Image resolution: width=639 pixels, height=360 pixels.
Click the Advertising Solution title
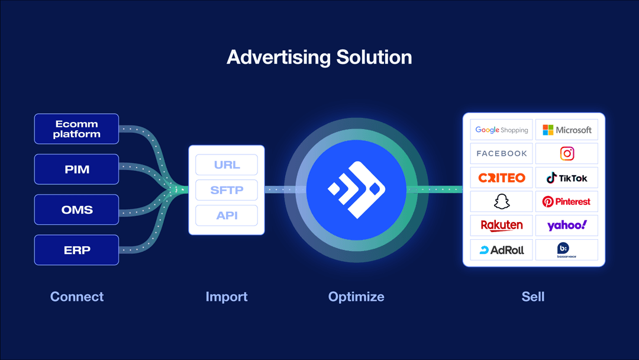[x=319, y=57]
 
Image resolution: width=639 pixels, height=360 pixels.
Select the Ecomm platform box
[x=77, y=129]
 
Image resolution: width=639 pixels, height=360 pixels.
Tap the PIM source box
[x=77, y=169]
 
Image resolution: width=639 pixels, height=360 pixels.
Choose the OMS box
[x=77, y=210]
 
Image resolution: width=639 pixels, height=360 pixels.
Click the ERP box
[x=77, y=250]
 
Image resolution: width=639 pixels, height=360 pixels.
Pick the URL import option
[x=227, y=165]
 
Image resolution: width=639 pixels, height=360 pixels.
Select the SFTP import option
[x=227, y=190]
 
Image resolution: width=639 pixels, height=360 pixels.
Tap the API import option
[x=227, y=216]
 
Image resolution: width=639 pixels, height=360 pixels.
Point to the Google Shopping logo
[x=502, y=130]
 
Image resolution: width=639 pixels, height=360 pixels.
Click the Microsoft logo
[x=567, y=130]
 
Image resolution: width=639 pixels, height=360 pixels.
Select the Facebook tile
[x=502, y=153]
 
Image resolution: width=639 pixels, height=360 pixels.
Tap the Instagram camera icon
[x=567, y=153]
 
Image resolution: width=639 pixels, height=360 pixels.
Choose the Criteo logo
[x=502, y=178]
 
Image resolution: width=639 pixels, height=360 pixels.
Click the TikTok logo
[x=567, y=178]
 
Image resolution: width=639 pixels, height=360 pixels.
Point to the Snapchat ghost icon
[x=502, y=201]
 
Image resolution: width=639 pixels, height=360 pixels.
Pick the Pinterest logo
[x=567, y=201]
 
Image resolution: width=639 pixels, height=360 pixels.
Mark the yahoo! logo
[x=567, y=225]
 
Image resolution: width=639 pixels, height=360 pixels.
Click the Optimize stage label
[x=356, y=297]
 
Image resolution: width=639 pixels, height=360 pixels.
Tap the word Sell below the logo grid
[x=533, y=297]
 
